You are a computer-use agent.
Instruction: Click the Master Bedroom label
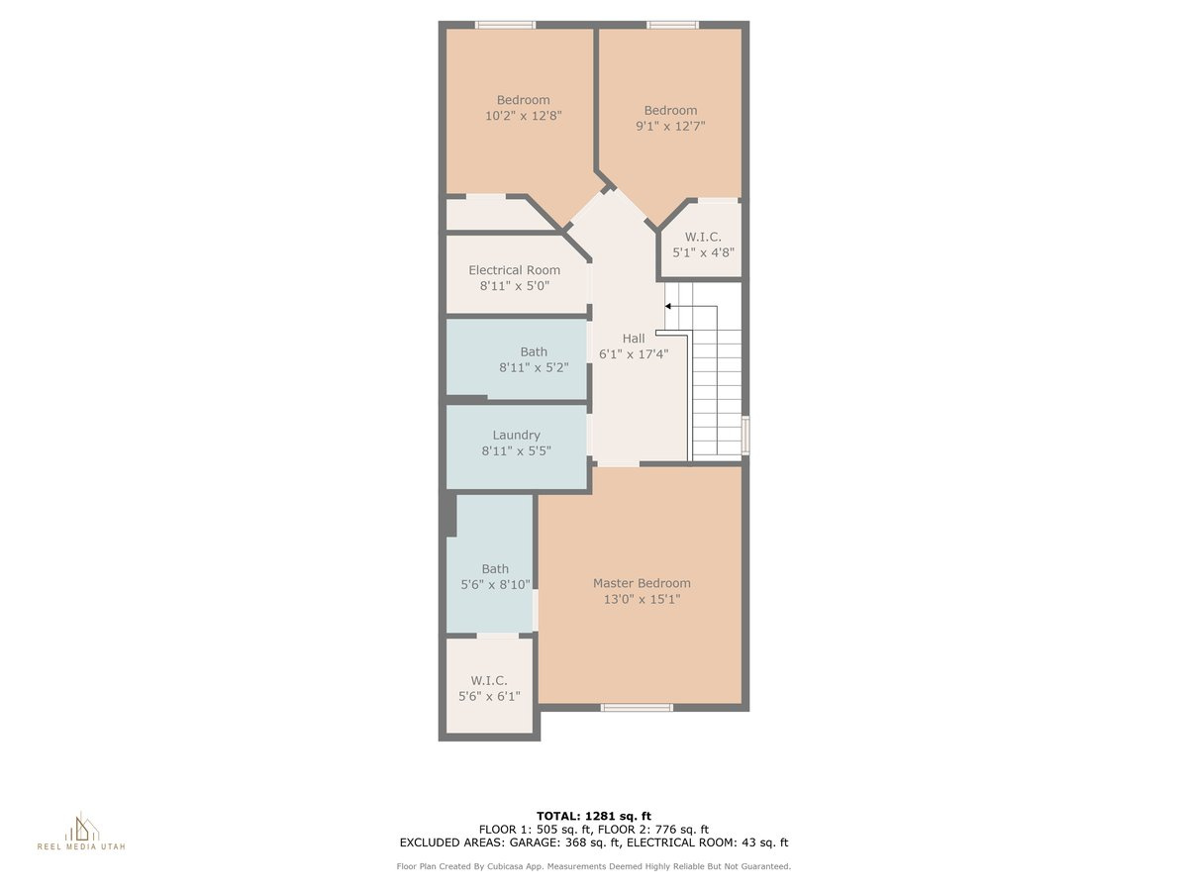point(642,583)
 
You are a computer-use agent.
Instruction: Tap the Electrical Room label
point(514,270)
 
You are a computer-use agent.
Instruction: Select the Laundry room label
point(516,435)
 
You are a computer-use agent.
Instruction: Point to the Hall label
point(634,339)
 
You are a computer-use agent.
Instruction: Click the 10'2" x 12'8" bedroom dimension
point(524,116)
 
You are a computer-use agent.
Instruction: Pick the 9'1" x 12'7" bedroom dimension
point(670,126)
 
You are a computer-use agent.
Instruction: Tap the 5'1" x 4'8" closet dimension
point(702,251)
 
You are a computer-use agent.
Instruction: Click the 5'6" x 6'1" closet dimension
point(489,696)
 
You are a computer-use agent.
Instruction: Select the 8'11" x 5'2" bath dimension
point(534,367)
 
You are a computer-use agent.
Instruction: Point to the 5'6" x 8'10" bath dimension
point(495,584)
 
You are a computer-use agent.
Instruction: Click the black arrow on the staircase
point(668,307)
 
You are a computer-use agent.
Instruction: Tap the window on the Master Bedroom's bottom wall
point(637,707)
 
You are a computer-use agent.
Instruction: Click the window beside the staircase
point(745,435)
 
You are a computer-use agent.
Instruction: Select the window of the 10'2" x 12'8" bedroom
point(505,25)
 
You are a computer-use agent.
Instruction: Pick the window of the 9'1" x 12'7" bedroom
point(672,25)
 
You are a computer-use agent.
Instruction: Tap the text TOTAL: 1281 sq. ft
point(593,815)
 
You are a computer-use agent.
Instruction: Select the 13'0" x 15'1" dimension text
point(642,599)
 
